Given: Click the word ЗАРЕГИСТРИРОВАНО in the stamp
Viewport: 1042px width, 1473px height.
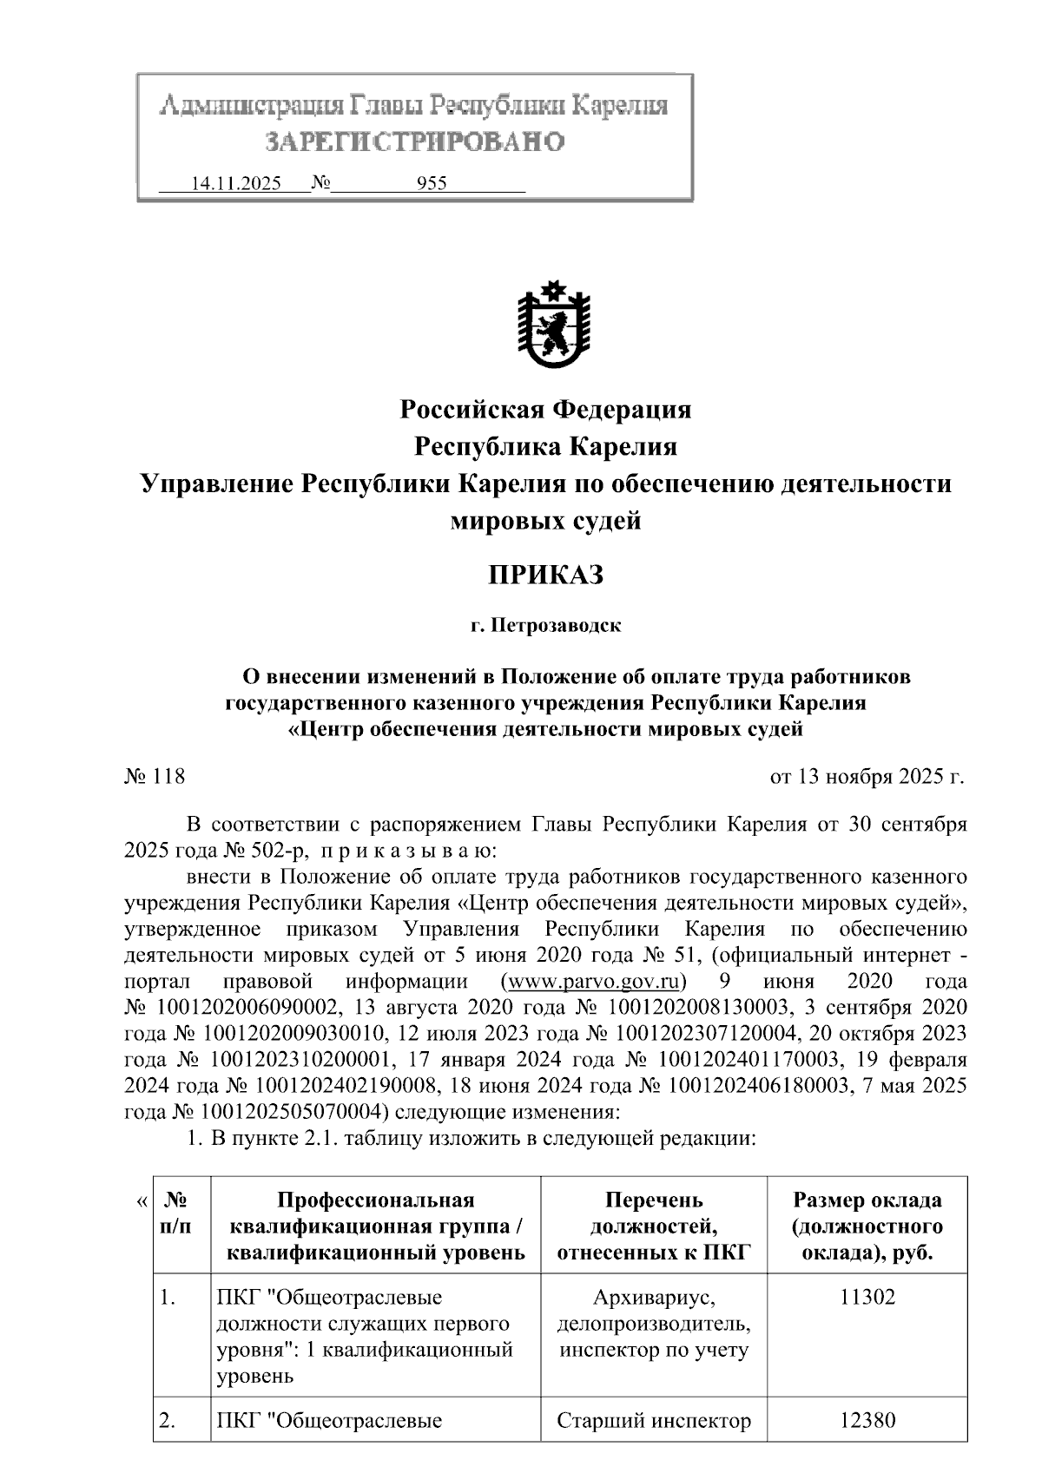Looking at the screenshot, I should pyautogui.click(x=414, y=141).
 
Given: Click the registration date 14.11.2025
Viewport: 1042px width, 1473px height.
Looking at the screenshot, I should pyautogui.click(x=235, y=184).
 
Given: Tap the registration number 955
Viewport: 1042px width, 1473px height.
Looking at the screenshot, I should pyautogui.click(x=432, y=184).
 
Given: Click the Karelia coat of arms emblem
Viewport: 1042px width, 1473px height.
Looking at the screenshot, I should pyautogui.click(x=553, y=326).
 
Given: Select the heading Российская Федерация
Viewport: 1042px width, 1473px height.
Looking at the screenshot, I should pyautogui.click(x=545, y=409).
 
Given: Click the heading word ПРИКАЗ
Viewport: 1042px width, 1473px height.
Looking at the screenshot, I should pyautogui.click(x=545, y=575).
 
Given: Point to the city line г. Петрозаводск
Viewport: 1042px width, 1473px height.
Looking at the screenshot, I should pyautogui.click(x=545, y=626).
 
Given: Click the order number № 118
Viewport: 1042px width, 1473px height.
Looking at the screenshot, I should pyautogui.click(x=155, y=776).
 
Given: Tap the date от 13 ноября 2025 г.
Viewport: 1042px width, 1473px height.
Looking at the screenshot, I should pyautogui.click(x=867, y=776).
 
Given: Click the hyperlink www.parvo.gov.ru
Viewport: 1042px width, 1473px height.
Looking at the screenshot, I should pyautogui.click(x=593, y=982).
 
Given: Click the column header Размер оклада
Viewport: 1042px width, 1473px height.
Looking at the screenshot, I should pyautogui.click(x=867, y=1200).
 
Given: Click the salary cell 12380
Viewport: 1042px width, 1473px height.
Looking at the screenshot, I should pyautogui.click(x=867, y=1421).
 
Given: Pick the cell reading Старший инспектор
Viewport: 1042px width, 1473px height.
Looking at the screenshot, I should pyautogui.click(x=653, y=1421).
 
